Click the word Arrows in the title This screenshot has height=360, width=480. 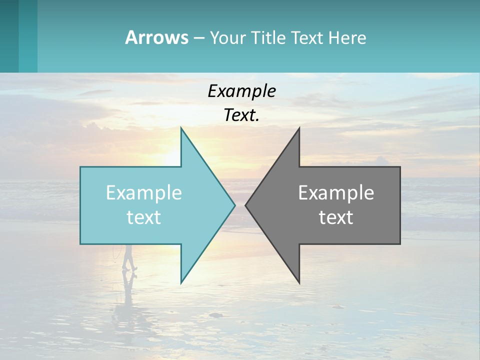point(156,37)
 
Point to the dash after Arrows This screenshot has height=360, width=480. point(198,38)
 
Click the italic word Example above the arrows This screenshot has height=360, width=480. point(242,91)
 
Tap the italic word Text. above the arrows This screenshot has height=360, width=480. point(242,115)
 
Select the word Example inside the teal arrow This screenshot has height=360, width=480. point(144,192)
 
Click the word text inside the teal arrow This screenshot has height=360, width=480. point(144,217)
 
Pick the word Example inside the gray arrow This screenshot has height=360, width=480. point(336,192)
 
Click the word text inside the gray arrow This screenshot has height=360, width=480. point(336,217)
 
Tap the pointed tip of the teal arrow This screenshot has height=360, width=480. point(234,205)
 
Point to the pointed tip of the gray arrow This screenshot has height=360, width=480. point(245,205)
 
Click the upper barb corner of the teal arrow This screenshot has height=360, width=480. point(181,128)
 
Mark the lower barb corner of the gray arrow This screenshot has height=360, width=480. point(299,283)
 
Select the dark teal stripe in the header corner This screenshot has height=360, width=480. point(9,36)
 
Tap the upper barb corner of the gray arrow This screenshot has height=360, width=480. point(299,128)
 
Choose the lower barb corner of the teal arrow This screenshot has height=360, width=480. point(181,283)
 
